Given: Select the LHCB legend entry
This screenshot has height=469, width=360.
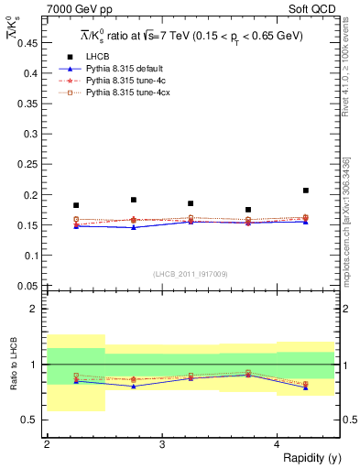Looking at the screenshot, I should pyautogui.click(x=110, y=57).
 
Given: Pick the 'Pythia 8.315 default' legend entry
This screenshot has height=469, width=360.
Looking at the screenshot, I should pyautogui.click(x=128, y=69).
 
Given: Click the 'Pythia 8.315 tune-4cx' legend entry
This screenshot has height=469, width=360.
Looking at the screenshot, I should pyautogui.click(x=130, y=93).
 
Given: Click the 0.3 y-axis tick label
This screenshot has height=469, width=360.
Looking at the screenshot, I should pyautogui.click(x=30, y=135).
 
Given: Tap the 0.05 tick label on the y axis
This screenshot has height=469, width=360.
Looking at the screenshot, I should pyautogui.click(x=27, y=285).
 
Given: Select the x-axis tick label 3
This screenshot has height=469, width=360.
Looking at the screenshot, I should pyautogui.click(x=162, y=444).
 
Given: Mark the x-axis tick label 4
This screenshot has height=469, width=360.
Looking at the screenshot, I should pyautogui.click(x=278, y=444).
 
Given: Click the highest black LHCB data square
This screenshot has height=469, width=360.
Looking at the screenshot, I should pyautogui.click(x=306, y=191).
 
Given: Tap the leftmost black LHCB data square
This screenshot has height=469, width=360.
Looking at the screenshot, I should pyautogui.click(x=76, y=205).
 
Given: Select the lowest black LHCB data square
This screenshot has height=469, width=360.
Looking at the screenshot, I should pyautogui.click(x=248, y=210).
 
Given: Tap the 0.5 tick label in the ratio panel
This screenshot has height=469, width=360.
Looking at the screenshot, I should pyautogui.click(x=30, y=420).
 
